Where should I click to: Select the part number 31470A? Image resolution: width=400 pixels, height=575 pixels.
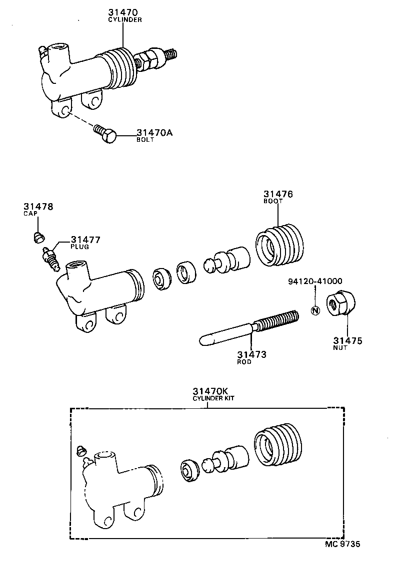[155, 133]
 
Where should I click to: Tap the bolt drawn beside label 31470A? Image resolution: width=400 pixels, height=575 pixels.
[105, 134]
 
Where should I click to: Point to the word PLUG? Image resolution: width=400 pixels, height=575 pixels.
[79, 247]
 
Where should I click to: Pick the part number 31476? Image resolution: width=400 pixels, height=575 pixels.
[278, 194]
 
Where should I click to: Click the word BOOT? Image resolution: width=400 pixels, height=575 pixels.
[273, 201]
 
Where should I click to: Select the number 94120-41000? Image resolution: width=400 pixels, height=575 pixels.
[315, 282]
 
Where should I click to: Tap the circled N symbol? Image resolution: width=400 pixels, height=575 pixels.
[314, 310]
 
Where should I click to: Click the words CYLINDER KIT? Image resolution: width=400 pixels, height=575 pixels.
[213, 399]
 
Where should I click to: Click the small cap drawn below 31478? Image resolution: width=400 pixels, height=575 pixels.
[38, 236]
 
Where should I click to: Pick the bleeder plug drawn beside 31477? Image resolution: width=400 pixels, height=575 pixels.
[50, 258]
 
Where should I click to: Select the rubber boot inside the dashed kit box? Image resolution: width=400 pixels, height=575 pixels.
[278, 443]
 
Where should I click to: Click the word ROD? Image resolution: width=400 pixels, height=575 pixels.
[244, 362]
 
